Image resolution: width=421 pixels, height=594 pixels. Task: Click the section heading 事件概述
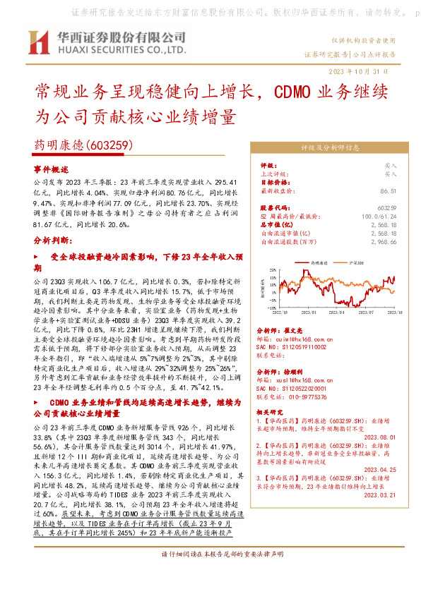(x=51, y=170)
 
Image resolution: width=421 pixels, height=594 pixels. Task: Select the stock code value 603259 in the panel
(x=386, y=208)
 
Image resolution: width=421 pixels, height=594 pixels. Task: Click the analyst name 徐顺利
(x=293, y=370)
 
